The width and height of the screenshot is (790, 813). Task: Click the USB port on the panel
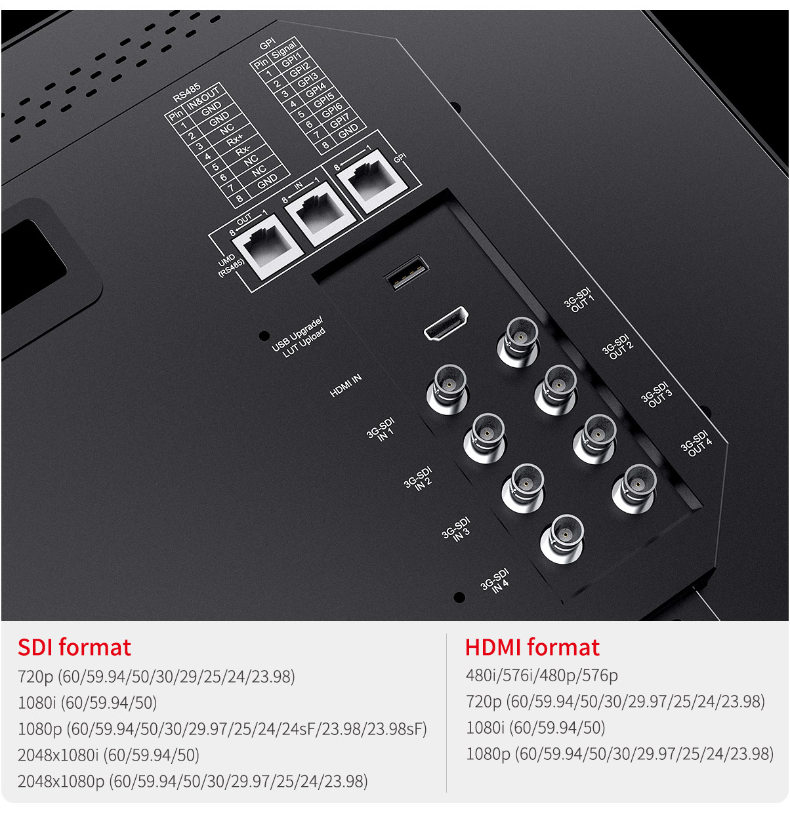406,271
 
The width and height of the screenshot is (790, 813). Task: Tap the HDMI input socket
446,324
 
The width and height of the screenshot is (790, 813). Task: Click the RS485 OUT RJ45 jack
268,247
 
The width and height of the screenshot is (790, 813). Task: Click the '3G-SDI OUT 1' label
579,299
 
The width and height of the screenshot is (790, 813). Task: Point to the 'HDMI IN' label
345,386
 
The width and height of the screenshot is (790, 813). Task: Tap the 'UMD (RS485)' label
230,264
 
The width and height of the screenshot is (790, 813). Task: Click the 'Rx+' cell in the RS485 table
234,138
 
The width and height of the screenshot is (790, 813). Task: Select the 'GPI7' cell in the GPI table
339,120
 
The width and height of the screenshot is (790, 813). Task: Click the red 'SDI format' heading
74,648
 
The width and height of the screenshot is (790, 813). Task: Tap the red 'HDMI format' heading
532,648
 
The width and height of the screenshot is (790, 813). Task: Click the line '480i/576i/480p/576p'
542,675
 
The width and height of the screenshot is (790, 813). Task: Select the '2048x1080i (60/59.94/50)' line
108,755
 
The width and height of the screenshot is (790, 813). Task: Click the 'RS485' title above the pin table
186,92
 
